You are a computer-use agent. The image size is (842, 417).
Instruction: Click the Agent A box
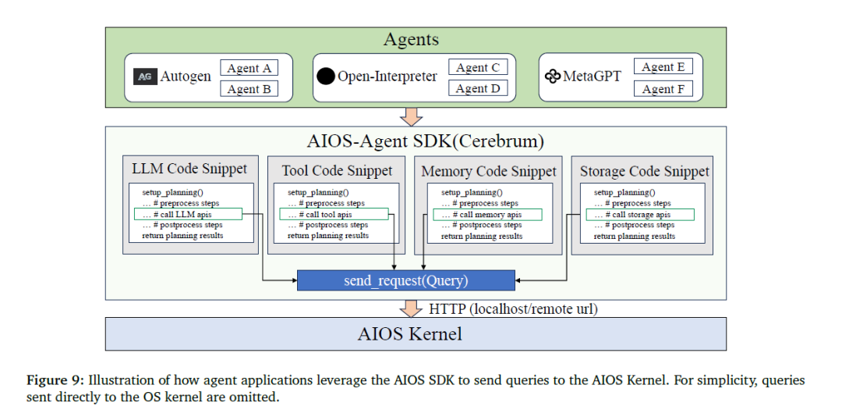(x=249, y=68)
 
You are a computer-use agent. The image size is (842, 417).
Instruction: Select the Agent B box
(x=249, y=89)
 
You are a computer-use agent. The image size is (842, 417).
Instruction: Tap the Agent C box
(x=478, y=67)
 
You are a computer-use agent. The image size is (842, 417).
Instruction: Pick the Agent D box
(x=478, y=88)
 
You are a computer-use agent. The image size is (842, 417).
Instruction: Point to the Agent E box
(x=663, y=66)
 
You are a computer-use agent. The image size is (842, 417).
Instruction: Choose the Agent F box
(x=663, y=89)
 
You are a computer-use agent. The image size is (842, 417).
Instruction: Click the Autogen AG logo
(x=145, y=77)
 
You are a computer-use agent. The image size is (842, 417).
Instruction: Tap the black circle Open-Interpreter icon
(x=326, y=77)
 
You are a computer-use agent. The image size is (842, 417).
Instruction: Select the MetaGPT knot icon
(x=553, y=77)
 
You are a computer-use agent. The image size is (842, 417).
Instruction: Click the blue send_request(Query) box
(x=406, y=280)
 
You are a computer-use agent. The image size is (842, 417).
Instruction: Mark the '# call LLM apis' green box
(x=188, y=214)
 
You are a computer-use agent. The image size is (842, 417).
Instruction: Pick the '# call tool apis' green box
(x=334, y=214)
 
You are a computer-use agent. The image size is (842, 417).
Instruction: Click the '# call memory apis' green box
(x=487, y=214)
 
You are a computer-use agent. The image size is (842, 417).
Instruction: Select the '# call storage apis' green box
(x=640, y=214)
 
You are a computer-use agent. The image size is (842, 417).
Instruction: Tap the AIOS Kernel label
(x=410, y=334)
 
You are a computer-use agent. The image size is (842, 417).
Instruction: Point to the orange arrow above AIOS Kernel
(x=412, y=308)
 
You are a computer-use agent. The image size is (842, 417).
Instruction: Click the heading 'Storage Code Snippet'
(x=645, y=172)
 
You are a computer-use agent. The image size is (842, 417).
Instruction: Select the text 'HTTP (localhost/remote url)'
(x=513, y=309)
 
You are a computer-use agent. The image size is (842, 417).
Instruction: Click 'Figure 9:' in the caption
(x=55, y=380)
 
